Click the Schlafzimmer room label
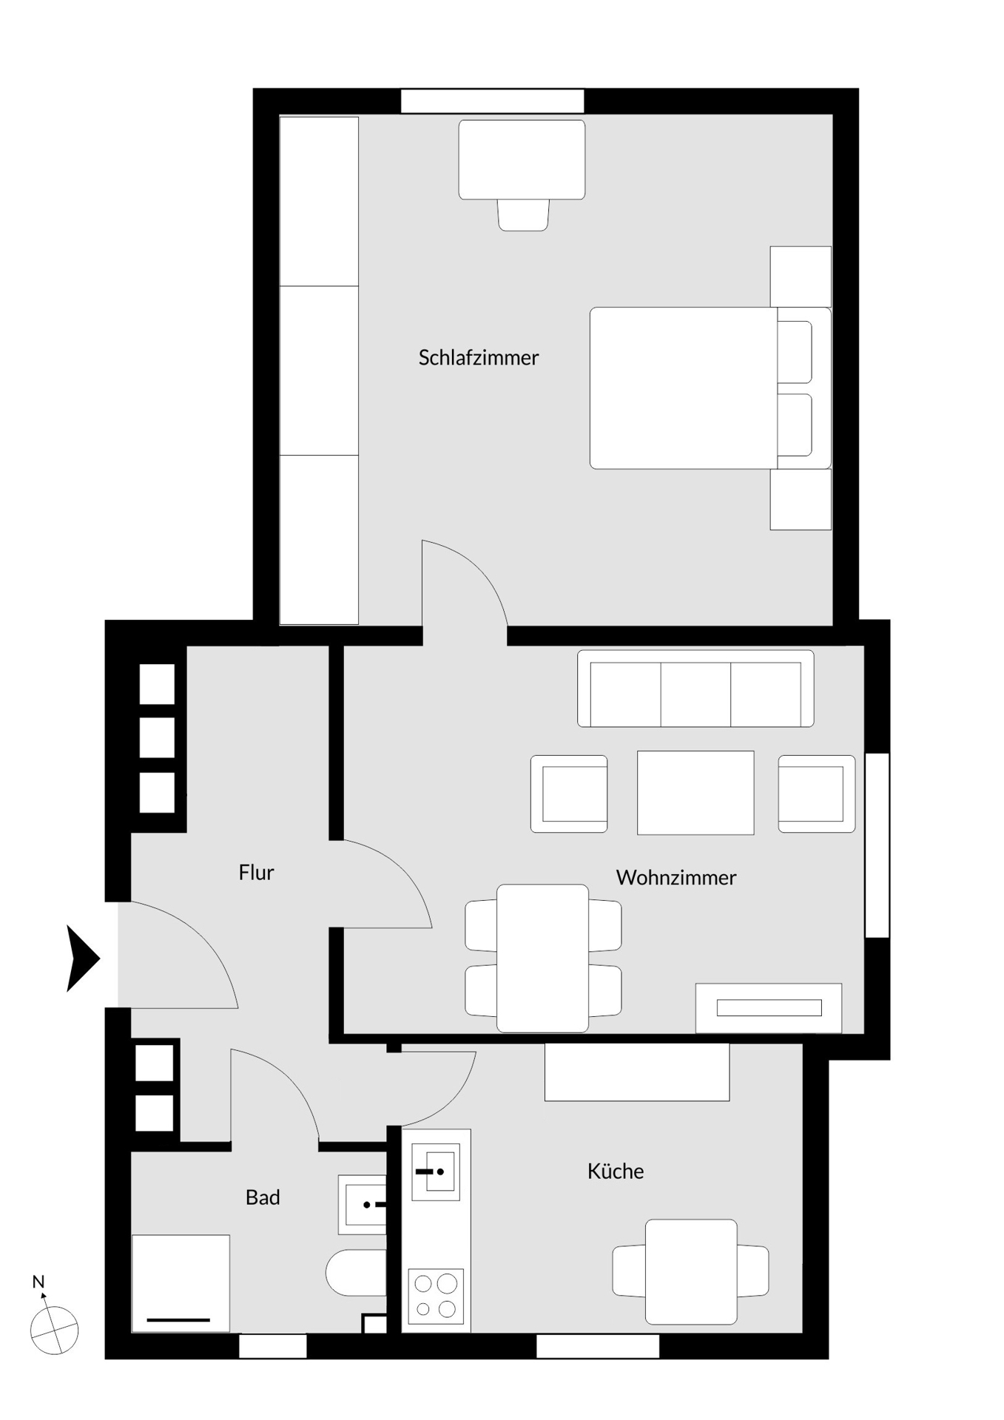pyautogui.click(x=478, y=358)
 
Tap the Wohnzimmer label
pyautogui.click(x=675, y=878)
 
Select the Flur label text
pyautogui.click(x=256, y=873)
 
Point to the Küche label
pyautogui.click(x=615, y=1171)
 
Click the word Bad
pyautogui.click(x=263, y=1197)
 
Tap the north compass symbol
pyautogui.click(x=53, y=1330)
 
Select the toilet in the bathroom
pyautogui.click(x=357, y=1273)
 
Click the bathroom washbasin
pyautogui.click(x=363, y=1205)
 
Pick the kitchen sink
pyautogui.click(x=435, y=1171)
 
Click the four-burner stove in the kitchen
pyautogui.click(x=436, y=1296)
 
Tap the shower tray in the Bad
pyautogui.click(x=181, y=1283)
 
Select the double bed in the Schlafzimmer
pyautogui.click(x=709, y=388)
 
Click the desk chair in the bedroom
pyautogui.click(x=523, y=215)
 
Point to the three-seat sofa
pyautogui.click(x=695, y=689)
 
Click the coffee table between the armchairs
pyautogui.click(x=695, y=793)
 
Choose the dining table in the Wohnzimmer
pyautogui.click(x=542, y=958)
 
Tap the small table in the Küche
pyautogui.click(x=691, y=1271)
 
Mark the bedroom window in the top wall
pyautogui.click(x=492, y=101)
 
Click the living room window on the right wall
pyautogui.click(x=877, y=845)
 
